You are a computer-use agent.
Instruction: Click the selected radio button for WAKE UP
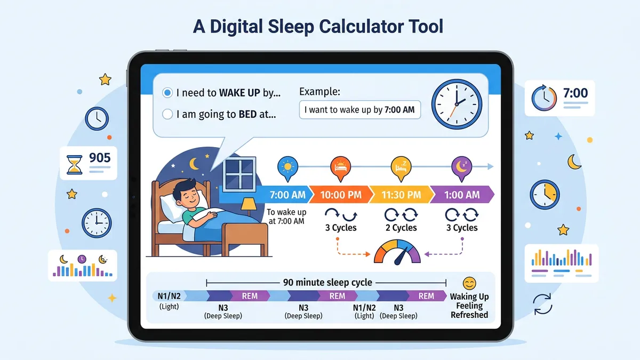(167, 93)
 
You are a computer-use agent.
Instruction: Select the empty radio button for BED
(167, 114)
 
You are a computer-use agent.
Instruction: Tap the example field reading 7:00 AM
(360, 110)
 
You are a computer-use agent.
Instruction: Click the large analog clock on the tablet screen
(456, 102)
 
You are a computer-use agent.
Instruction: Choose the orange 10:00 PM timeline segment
(340, 195)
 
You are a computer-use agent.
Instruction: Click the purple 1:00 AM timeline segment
(462, 195)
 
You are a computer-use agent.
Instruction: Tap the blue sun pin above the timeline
(287, 167)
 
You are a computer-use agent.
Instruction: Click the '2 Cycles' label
(401, 228)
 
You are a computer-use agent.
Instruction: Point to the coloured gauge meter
(398, 251)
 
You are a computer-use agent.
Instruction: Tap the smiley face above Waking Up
(469, 283)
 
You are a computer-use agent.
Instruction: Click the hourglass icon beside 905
(74, 165)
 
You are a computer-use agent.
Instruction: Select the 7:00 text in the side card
(575, 93)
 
